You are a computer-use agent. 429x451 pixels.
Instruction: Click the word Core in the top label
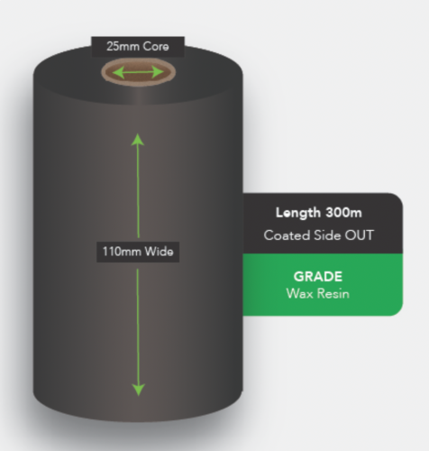click(156, 47)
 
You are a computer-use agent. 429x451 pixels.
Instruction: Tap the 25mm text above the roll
click(123, 47)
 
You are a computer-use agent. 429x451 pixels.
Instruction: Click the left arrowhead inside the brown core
click(118, 73)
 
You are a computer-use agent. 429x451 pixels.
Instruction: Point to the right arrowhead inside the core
click(158, 72)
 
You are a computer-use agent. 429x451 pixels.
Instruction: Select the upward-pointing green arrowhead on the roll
click(138, 140)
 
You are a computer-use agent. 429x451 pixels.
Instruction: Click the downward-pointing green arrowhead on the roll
click(139, 390)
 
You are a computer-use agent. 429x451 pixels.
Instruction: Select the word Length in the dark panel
click(298, 213)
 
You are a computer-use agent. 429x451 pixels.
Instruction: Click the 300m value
click(344, 213)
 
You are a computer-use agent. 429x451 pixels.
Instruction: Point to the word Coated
click(287, 235)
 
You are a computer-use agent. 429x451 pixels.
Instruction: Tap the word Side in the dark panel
click(327, 235)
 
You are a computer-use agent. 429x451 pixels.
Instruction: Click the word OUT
click(359, 235)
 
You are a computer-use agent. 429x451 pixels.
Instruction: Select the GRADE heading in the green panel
click(318, 277)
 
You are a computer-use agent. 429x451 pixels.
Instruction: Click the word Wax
click(299, 293)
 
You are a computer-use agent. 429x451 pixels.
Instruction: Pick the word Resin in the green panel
click(333, 293)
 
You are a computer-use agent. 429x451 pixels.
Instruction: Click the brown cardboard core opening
click(138, 72)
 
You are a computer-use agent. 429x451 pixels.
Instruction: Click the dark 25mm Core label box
click(138, 47)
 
